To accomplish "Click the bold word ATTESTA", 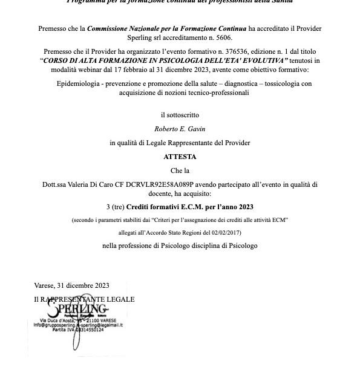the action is (x=180, y=157).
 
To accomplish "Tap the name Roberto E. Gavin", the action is (x=180, y=128).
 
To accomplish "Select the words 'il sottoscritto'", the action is (x=180, y=114).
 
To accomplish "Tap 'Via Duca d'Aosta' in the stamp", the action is (x=57, y=320).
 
